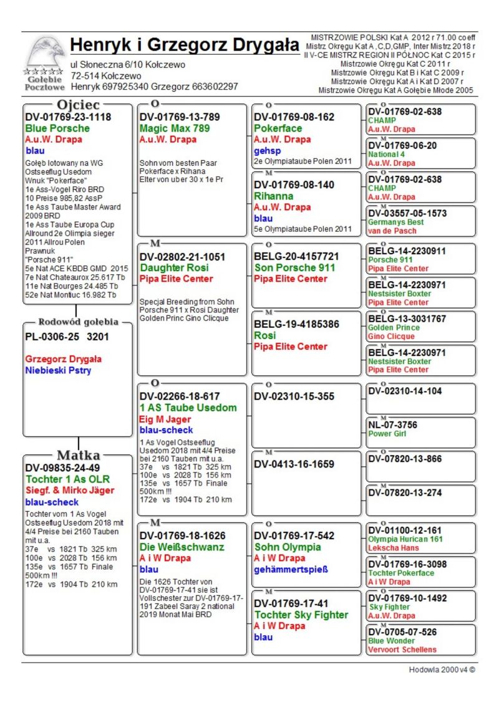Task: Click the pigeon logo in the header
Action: coord(46,54)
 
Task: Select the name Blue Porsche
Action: coord(57,128)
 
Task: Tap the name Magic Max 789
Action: coord(170,128)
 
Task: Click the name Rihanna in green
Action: coord(273,196)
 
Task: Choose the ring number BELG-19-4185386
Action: coord(296,324)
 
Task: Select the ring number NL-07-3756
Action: coord(393,425)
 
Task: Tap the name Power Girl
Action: coord(387,434)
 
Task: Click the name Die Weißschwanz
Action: coord(182,547)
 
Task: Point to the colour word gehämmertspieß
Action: coord(291,569)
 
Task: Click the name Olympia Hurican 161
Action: coord(405,539)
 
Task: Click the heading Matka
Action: coord(78,454)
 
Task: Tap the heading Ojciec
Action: coord(78,104)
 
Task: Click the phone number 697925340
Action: coord(126,87)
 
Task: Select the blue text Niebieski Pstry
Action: coord(58,370)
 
